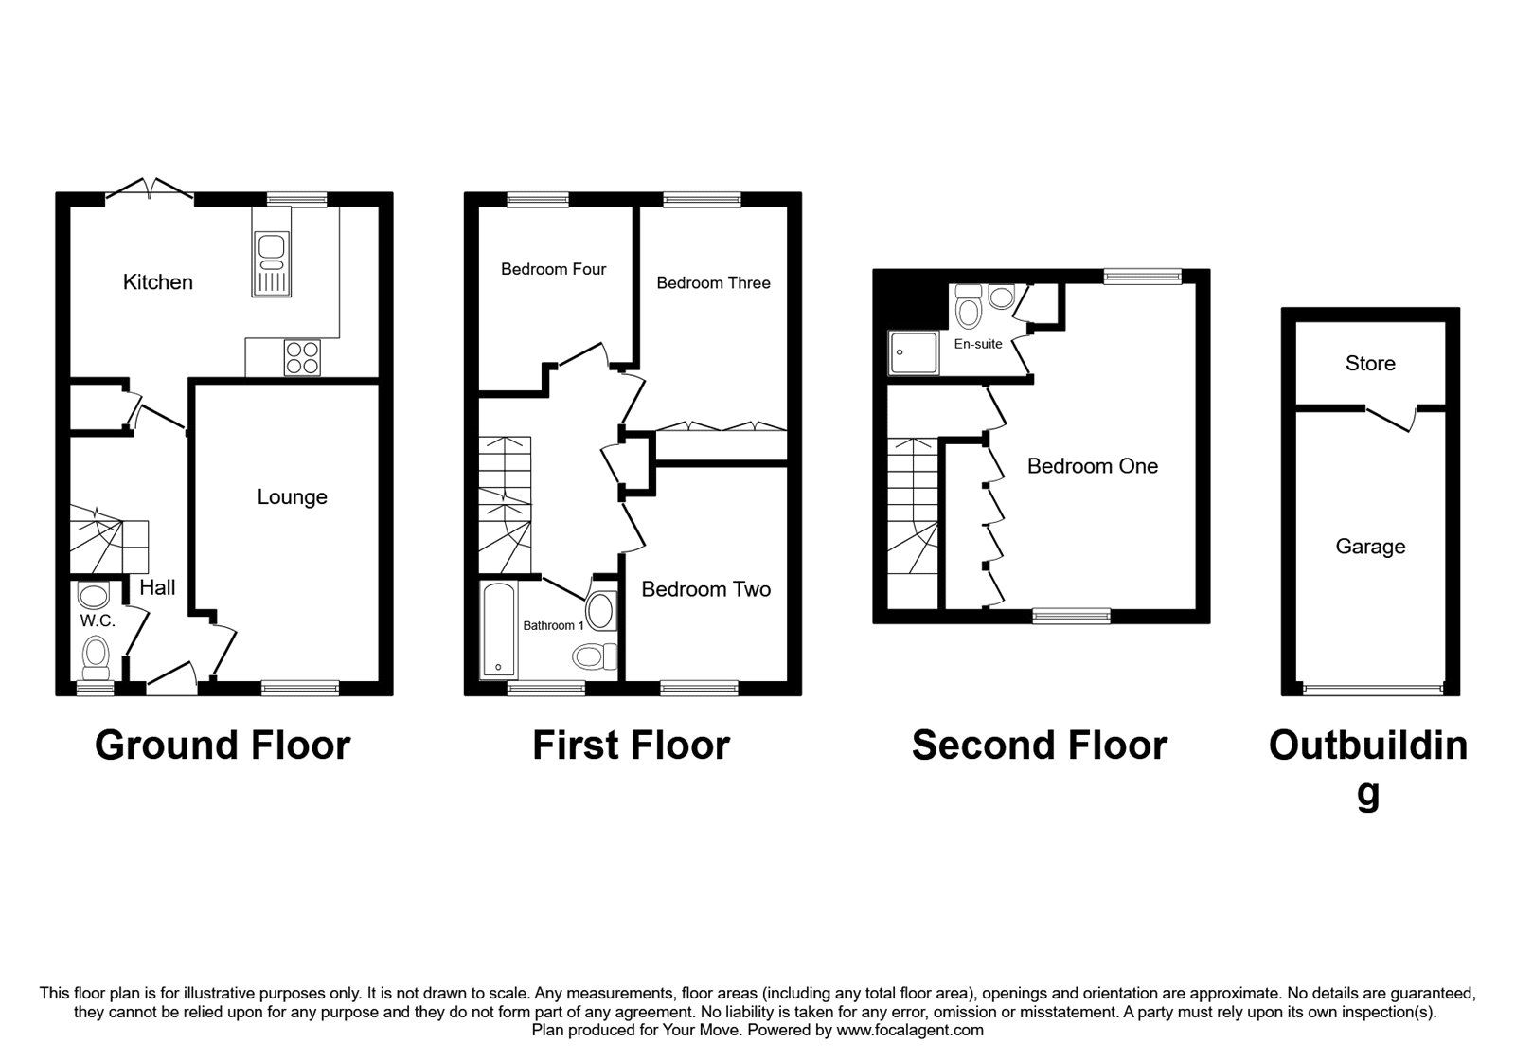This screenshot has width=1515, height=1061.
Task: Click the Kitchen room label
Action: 158,281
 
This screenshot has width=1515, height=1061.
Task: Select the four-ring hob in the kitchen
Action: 303,357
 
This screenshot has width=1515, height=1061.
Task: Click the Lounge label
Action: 292,496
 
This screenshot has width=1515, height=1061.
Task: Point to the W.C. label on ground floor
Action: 98,621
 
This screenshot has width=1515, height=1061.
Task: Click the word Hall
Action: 157,587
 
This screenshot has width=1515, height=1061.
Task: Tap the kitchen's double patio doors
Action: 150,189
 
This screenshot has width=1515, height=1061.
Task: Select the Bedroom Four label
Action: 553,269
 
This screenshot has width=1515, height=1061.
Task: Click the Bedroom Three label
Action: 713,282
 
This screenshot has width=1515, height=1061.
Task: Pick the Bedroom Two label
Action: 705,589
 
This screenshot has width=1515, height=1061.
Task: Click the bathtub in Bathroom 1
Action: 498,631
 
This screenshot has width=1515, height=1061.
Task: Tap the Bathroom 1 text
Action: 554,625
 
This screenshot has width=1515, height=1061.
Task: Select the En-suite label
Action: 977,344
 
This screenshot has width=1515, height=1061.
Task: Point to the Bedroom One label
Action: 1092,466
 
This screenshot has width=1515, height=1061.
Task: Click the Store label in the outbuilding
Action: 1370,364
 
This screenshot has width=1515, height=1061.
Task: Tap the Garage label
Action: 1370,547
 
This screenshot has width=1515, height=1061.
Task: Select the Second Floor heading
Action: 1039,746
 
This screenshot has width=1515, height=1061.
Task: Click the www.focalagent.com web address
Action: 909,1030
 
